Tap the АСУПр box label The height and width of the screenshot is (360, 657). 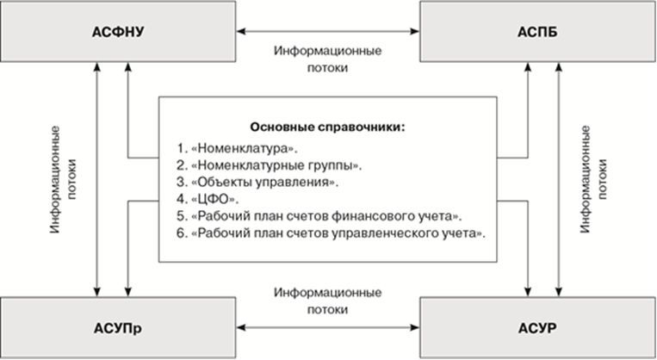(x=118, y=329)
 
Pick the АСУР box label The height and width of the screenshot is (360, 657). (x=536, y=329)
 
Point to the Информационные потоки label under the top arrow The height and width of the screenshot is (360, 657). (x=328, y=59)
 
